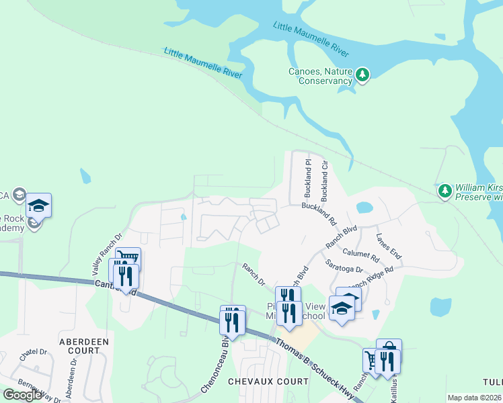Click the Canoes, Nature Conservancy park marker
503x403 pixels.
(362, 75)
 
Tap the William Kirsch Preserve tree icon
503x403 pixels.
(444, 191)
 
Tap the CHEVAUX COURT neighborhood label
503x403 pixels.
(268, 381)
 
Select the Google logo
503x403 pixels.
(22, 394)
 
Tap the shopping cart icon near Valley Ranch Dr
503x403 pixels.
(128, 258)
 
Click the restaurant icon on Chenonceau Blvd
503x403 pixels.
(233, 321)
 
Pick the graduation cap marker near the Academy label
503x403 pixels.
(38, 205)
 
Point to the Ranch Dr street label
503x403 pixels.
(254, 274)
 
